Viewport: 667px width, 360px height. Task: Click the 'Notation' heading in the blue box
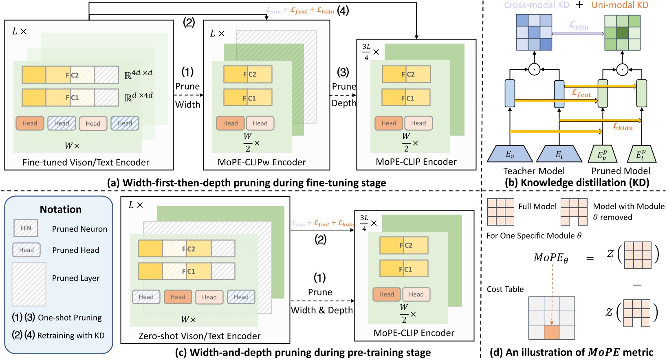click(61, 209)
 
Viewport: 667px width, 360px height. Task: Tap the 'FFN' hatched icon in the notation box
click(26, 228)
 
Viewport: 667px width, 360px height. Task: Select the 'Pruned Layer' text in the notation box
click(76, 278)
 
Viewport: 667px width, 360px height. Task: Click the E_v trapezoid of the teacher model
click(510, 154)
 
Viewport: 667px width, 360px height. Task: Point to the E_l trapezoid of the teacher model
click(559, 154)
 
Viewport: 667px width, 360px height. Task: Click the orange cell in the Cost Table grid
click(552, 332)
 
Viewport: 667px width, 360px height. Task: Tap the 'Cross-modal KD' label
click(536, 5)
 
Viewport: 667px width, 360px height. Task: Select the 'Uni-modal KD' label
click(619, 5)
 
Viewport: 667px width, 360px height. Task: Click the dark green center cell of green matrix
click(622, 33)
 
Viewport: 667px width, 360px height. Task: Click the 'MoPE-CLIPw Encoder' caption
click(262, 162)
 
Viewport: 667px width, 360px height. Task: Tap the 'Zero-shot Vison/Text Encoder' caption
click(199, 336)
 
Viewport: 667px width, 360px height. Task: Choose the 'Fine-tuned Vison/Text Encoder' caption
click(86, 162)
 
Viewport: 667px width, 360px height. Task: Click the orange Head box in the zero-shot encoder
click(178, 297)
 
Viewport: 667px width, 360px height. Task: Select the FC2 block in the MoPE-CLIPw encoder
click(248, 75)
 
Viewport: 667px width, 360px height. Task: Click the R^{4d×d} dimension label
click(139, 74)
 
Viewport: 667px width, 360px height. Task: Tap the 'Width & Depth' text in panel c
click(321, 310)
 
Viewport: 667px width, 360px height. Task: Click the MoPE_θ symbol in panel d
click(551, 258)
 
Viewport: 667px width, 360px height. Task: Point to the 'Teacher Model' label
click(534, 171)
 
